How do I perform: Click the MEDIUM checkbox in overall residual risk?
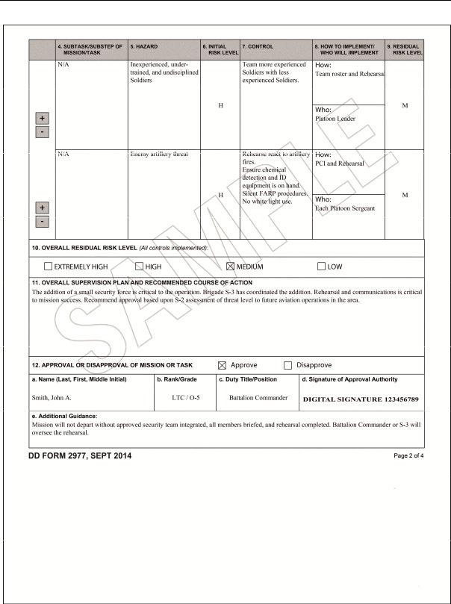(230, 267)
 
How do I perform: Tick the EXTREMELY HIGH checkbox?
(48, 267)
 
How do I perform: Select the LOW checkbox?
(321, 267)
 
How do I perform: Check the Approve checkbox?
(222, 365)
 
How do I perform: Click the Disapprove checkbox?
(287, 365)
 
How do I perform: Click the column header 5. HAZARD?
(143, 46)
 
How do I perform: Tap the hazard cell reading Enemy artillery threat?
(159, 155)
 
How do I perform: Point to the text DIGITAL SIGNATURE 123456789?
(361, 399)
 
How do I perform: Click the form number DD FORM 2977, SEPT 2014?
(80, 455)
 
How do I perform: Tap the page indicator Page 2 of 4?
(408, 455)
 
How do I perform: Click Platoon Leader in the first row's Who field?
(335, 119)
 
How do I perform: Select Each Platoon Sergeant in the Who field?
(345, 208)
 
